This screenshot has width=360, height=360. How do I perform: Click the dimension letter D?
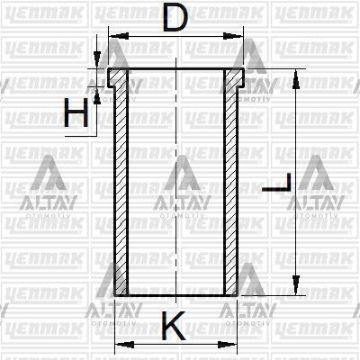(175, 17)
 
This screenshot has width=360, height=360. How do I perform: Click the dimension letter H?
(76, 112)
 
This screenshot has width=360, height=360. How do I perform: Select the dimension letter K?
(174, 326)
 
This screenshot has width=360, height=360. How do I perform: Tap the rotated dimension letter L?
(276, 183)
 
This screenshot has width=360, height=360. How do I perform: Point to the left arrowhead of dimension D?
(119, 36)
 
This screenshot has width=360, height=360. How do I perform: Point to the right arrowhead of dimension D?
(232, 36)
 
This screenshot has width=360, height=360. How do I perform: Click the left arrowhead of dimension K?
(125, 345)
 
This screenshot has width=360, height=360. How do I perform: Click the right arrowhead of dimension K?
(227, 345)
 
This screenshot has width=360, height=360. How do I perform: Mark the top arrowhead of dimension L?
(296, 79)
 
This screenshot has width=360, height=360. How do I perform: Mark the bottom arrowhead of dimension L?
(296, 285)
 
